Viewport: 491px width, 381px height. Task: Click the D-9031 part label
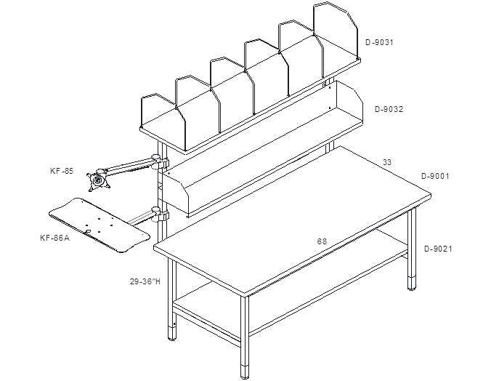[x=379, y=42]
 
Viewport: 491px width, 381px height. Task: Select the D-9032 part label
[x=389, y=109]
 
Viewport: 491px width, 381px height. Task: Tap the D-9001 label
[x=435, y=176]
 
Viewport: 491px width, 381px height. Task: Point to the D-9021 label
[x=438, y=249]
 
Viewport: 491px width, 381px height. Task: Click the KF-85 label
[x=62, y=171]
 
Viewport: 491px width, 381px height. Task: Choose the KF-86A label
[x=54, y=238]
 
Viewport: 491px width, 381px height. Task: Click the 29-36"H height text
[x=145, y=281]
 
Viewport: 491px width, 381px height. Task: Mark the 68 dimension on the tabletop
[x=322, y=241]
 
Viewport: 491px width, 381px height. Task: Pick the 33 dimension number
[x=387, y=162]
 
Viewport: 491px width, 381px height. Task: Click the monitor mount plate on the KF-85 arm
[x=99, y=181]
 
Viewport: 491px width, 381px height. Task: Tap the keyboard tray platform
[x=99, y=225]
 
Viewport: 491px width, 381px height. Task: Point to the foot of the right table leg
[x=412, y=283]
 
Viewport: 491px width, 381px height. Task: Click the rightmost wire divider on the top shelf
[x=335, y=31]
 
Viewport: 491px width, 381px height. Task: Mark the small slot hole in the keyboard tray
[x=89, y=231]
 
